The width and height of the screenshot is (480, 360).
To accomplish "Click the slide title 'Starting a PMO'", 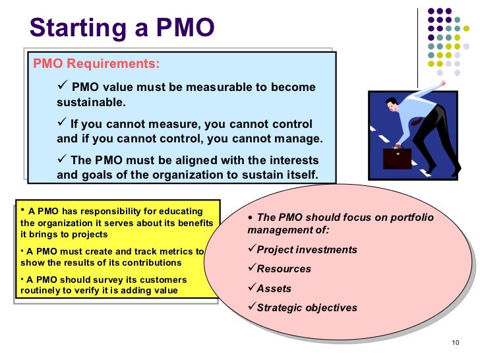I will [x=123, y=27].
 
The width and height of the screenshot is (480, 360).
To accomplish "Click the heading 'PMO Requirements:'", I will [x=96, y=64].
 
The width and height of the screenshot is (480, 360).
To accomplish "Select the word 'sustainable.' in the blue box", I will [x=90, y=104].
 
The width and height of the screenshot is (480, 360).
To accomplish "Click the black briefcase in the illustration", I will [x=398, y=158].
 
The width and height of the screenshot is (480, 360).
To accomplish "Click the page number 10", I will [x=454, y=342].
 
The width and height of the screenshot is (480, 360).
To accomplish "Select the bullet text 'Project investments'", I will [x=307, y=250].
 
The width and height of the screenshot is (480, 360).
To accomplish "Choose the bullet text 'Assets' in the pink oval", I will [x=274, y=288].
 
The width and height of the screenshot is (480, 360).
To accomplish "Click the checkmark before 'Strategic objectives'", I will [x=251, y=307].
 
